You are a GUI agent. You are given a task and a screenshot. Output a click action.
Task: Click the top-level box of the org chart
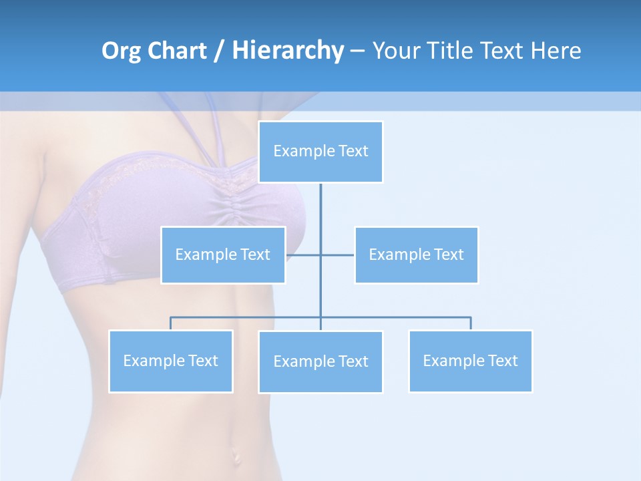click(x=320, y=152)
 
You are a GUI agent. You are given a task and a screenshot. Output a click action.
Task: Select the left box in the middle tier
click(x=223, y=255)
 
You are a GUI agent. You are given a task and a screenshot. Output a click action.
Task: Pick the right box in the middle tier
click(x=416, y=255)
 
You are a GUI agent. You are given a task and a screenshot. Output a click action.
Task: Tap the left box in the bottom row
click(x=170, y=361)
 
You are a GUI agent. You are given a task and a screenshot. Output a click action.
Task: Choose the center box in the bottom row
click(x=320, y=361)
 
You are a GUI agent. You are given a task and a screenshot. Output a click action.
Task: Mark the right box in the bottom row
click(x=470, y=361)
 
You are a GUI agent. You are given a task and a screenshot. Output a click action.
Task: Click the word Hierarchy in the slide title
click(x=287, y=50)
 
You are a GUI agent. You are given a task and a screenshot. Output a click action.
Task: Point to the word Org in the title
click(x=122, y=50)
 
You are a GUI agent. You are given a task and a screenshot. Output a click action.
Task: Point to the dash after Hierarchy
click(x=357, y=51)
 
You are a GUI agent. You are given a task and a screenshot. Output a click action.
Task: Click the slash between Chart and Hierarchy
click(x=218, y=51)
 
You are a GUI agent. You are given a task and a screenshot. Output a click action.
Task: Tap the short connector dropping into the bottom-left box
click(x=170, y=323)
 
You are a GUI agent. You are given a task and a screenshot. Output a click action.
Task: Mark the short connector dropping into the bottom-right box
click(x=471, y=323)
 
